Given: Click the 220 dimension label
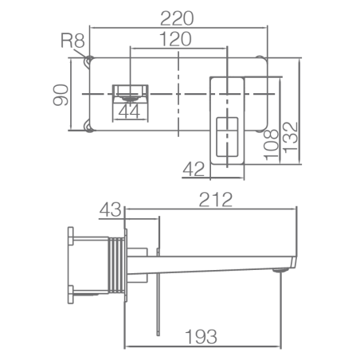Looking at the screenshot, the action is [177, 18].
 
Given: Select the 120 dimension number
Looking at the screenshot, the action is [175, 39].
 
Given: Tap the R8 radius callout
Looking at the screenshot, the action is [72, 41].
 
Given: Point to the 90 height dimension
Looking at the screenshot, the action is [61, 95].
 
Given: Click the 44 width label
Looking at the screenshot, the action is [129, 112].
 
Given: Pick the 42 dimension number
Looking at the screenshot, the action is [194, 169].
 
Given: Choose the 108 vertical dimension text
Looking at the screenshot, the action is [271, 145].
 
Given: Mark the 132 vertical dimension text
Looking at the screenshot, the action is [291, 137].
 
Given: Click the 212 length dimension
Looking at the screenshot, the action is [216, 199].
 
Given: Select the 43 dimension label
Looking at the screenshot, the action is [110, 209].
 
